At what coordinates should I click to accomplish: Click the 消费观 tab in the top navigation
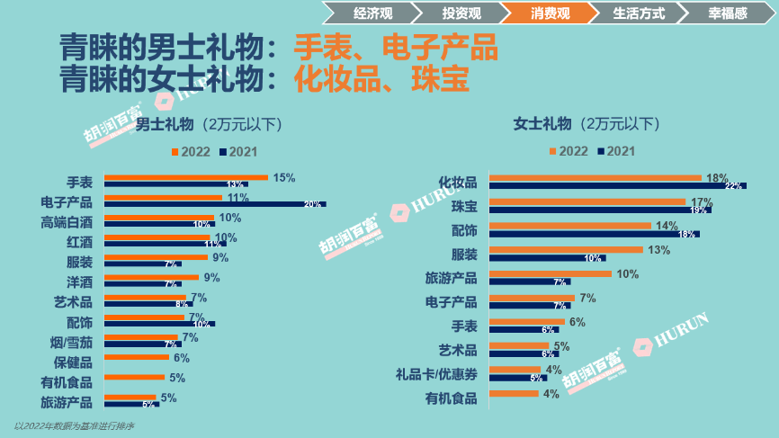click(551, 13)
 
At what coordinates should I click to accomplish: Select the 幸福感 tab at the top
click(725, 13)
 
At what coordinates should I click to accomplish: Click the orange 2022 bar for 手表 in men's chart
click(186, 177)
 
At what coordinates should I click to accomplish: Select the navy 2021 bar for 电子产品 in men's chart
click(215, 204)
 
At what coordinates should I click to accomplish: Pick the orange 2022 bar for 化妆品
click(595, 178)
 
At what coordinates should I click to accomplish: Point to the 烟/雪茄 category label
click(71, 342)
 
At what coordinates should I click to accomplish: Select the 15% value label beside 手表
click(284, 178)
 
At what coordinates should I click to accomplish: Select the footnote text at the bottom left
click(74, 425)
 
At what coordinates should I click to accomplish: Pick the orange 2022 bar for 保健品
click(135, 357)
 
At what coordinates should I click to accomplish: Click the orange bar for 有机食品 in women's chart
click(513, 393)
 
